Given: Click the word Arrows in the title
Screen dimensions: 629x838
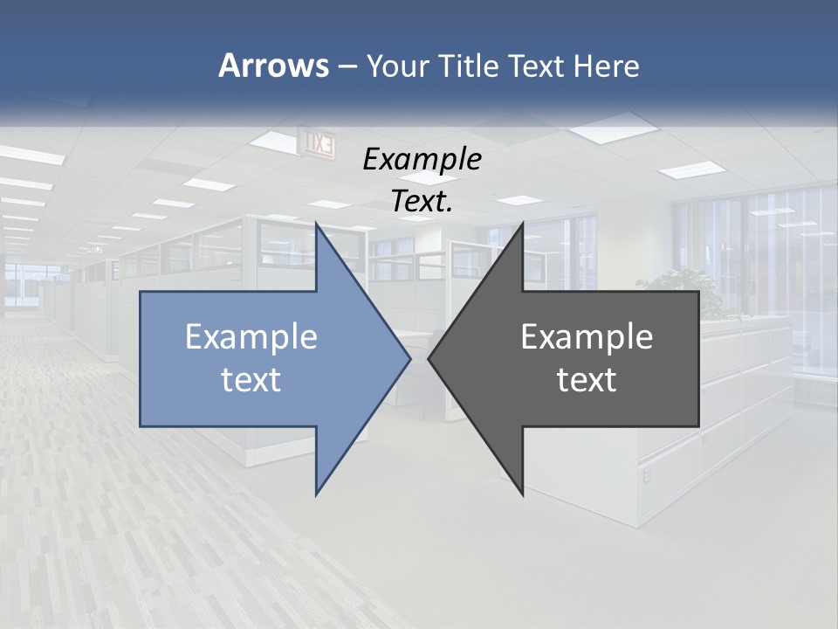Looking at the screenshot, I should (x=272, y=66).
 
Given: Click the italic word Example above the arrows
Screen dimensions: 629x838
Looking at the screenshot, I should (x=422, y=160).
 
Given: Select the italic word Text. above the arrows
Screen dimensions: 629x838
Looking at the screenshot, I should (x=422, y=202).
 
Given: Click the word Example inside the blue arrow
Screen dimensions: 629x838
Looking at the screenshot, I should (x=251, y=337).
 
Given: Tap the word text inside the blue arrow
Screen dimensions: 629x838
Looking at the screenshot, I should (x=251, y=380).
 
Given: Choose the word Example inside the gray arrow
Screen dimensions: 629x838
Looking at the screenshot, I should (x=587, y=337).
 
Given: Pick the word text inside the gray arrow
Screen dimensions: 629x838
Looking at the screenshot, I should (x=587, y=380).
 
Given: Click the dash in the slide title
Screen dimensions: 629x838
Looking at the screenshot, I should (x=347, y=66).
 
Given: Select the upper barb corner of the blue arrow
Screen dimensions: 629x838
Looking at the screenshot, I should (x=317, y=224).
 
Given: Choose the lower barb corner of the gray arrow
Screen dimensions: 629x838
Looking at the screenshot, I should (x=522, y=494).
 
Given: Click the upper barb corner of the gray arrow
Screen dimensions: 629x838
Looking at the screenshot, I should (x=522, y=224).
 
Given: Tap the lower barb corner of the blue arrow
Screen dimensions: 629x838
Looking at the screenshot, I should (x=317, y=494).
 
